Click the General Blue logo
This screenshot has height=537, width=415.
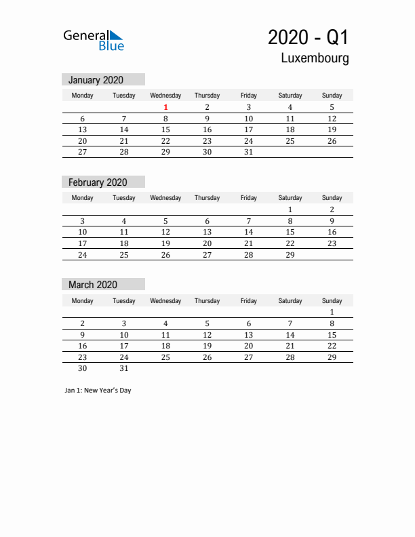94,40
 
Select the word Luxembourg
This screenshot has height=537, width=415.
315,58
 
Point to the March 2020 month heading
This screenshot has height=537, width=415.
93,285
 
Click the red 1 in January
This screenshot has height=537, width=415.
165,107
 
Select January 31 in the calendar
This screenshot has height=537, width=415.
248,153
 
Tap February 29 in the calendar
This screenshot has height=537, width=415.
290,255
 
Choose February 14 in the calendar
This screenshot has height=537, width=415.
248,232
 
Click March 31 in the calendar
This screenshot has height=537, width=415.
123,369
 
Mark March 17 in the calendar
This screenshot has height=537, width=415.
123,346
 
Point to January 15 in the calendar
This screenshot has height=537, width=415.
165,130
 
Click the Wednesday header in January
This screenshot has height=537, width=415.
165,96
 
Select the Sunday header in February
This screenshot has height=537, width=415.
332,198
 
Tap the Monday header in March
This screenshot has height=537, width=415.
82,300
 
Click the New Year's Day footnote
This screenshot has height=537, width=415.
98,390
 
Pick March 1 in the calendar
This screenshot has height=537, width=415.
332,312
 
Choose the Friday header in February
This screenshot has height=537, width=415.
248,198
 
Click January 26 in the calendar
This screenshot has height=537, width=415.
332,141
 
